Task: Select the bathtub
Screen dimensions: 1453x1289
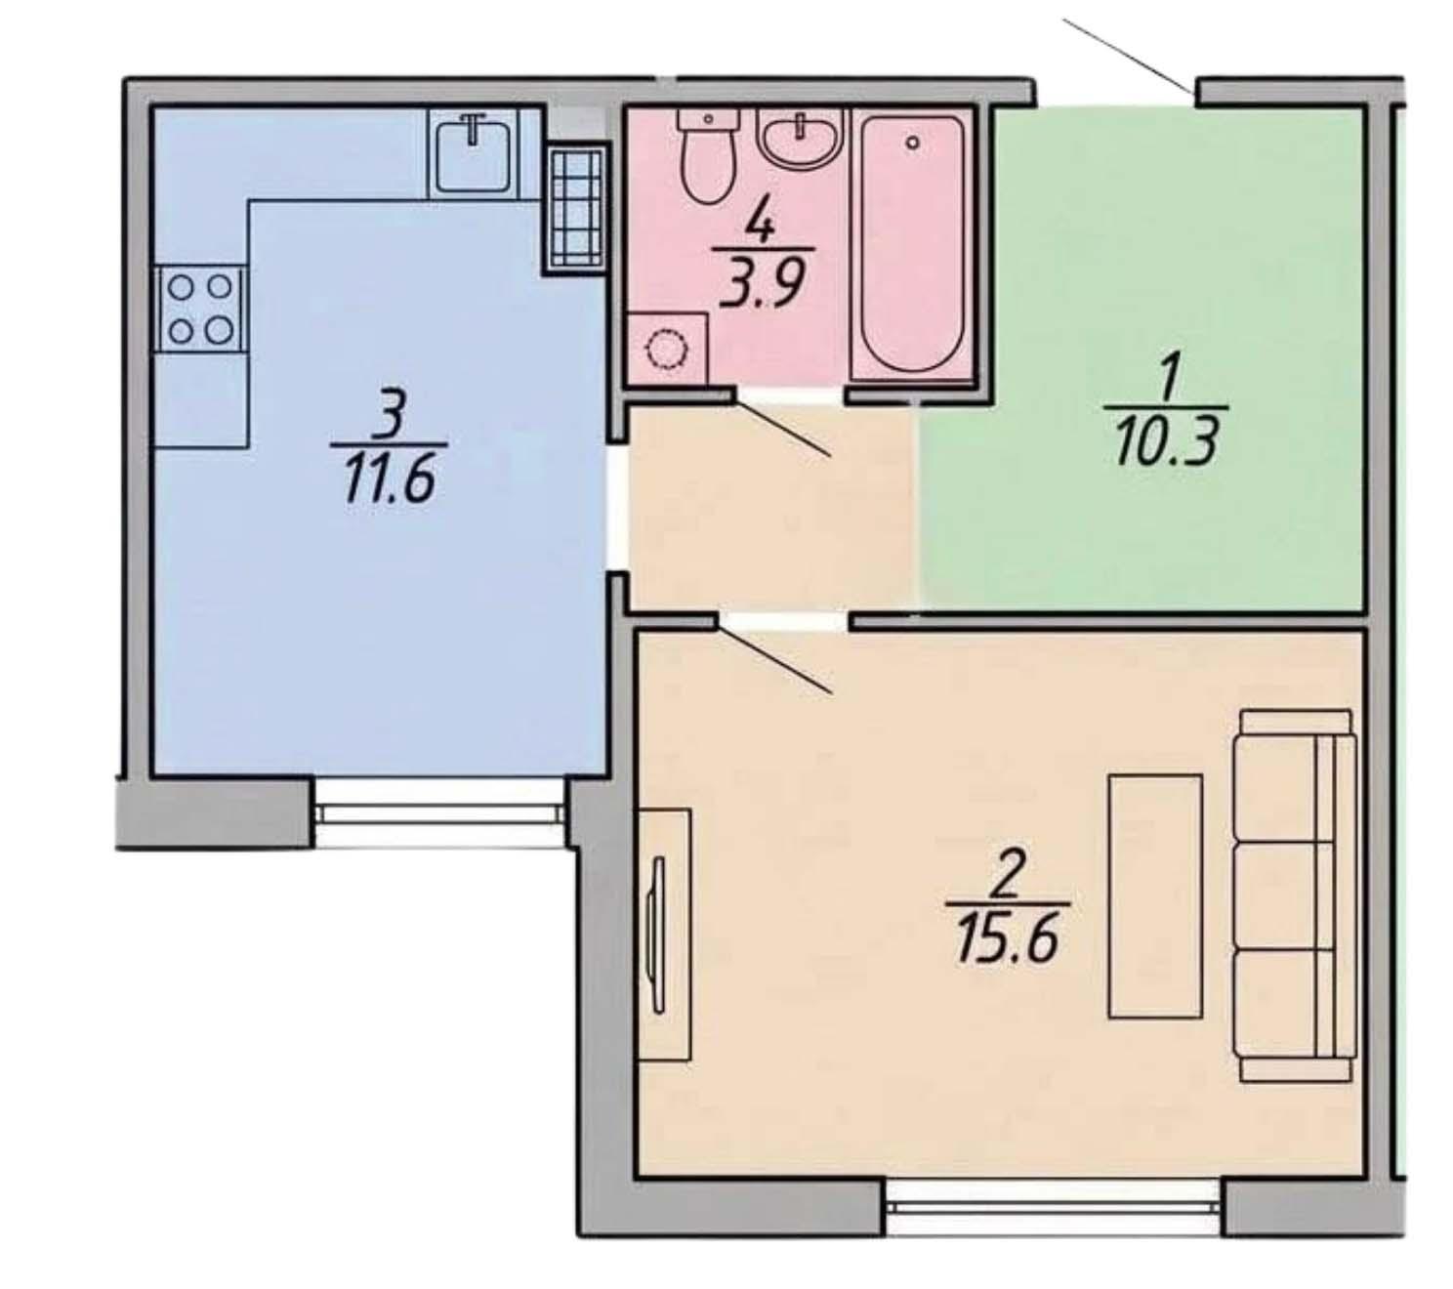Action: (x=911, y=245)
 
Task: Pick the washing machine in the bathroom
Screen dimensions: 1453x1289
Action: (x=667, y=349)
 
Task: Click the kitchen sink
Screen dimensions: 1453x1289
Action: (x=473, y=153)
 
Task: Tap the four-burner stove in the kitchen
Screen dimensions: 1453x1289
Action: (x=201, y=309)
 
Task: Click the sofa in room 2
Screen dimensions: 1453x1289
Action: (x=1295, y=895)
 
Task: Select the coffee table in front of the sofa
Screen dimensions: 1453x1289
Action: (x=1155, y=895)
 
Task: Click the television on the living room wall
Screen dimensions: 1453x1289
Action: (x=657, y=936)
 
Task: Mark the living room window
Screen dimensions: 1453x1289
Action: (x=1053, y=1206)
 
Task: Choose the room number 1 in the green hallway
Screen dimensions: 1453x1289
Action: (x=1170, y=384)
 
